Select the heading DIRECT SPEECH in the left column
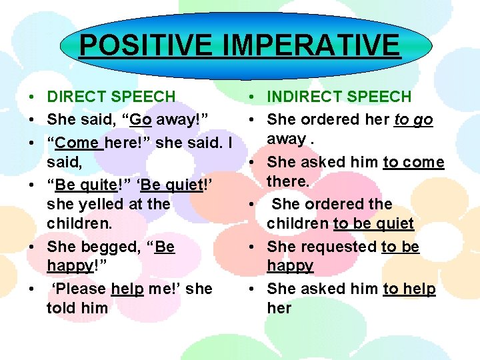111,97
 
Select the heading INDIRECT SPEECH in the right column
339,97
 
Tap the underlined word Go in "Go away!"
140,119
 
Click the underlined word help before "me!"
127,289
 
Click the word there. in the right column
288,181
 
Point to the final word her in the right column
279,308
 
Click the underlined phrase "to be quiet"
373,224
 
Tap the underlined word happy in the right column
290,266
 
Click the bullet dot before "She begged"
32,247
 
